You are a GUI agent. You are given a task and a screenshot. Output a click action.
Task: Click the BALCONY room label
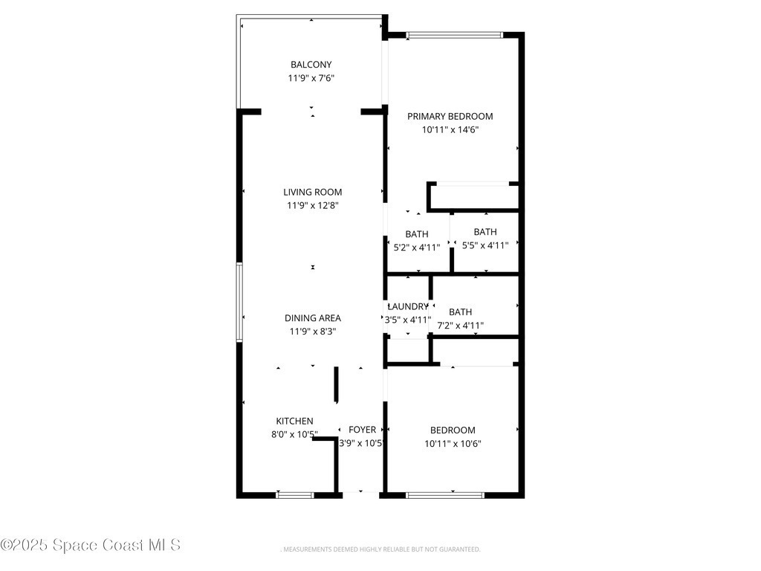pyautogui.click(x=311, y=65)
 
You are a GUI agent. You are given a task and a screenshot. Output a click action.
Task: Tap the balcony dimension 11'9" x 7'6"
pyautogui.click(x=311, y=78)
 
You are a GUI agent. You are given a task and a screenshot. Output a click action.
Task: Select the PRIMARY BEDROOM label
pyautogui.click(x=450, y=117)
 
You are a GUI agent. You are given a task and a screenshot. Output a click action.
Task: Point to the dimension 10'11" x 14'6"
pyautogui.click(x=450, y=129)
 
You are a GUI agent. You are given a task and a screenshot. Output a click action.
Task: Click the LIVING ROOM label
pyautogui.click(x=313, y=193)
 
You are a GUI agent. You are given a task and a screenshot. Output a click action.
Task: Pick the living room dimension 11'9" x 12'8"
pyautogui.click(x=313, y=205)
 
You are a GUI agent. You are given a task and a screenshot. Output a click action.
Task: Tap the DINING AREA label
pyautogui.click(x=313, y=318)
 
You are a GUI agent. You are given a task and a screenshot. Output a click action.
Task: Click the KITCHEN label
pyautogui.click(x=294, y=422)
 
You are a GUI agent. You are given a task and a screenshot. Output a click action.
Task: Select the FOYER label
pyautogui.click(x=362, y=430)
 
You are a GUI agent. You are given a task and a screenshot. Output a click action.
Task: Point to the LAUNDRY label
pyautogui.click(x=408, y=307)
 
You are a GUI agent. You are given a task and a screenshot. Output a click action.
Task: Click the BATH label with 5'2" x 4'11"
pyautogui.click(x=417, y=234)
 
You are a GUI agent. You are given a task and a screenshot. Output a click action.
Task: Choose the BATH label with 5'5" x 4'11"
pyautogui.click(x=485, y=232)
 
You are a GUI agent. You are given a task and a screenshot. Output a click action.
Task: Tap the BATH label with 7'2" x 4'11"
pyautogui.click(x=460, y=312)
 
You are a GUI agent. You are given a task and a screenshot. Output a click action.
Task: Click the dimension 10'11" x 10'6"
pyautogui.click(x=453, y=444)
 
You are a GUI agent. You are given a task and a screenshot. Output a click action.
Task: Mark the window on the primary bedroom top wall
pyautogui.click(x=455, y=35)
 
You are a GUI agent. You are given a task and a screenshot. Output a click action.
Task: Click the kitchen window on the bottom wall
pyautogui.click(x=295, y=495)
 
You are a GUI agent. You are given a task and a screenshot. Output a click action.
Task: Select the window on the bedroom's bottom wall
pyautogui.click(x=445, y=495)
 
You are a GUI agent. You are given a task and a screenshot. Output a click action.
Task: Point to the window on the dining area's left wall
pyautogui.click(x=239, y=302)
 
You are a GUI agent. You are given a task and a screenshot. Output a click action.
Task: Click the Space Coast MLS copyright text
pyautogui.click(x=91, y=545)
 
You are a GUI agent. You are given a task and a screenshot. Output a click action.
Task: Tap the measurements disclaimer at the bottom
pyautogui.click(x=380, y=549)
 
